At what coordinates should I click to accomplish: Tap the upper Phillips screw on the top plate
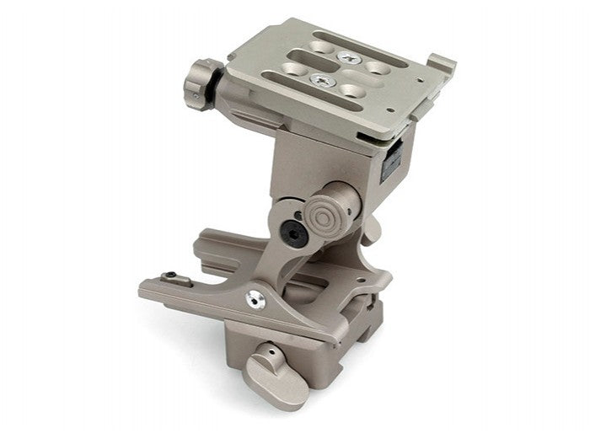coord(348,56)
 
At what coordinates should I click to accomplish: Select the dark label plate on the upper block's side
coord(390,159)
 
